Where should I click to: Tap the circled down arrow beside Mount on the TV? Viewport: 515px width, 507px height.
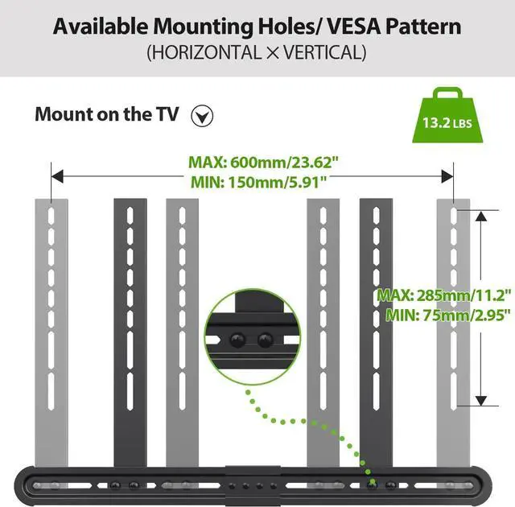[x=204, y=116]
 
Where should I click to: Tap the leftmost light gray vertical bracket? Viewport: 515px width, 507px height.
[x=50, y=322]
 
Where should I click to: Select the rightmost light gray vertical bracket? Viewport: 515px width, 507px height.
[x=453, y=322]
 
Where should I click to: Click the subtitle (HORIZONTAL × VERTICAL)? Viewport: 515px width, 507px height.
[x=257, y=54]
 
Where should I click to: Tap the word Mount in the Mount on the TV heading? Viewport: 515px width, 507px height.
[x=60, y=113]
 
